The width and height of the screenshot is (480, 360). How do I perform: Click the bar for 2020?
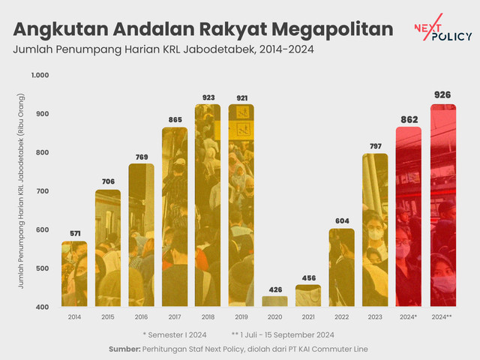274,301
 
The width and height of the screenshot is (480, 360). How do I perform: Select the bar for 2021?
307,295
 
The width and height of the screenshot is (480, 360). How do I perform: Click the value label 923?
208,97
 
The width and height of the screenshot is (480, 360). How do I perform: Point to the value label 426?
274,290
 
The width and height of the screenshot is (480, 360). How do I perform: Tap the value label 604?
341,222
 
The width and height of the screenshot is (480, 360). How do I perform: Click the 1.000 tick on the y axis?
40,75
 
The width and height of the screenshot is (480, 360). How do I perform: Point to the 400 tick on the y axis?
42,307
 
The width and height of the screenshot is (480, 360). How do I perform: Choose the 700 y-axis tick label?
42,191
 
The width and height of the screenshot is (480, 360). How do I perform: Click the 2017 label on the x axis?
175,317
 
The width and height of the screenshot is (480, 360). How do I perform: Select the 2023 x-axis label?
375,317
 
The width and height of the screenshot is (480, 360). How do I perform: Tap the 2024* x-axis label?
409,317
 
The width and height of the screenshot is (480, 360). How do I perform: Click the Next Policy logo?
442,31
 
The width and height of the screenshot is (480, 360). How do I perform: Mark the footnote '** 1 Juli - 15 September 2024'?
283,334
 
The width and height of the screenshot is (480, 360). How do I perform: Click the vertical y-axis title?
21,191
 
